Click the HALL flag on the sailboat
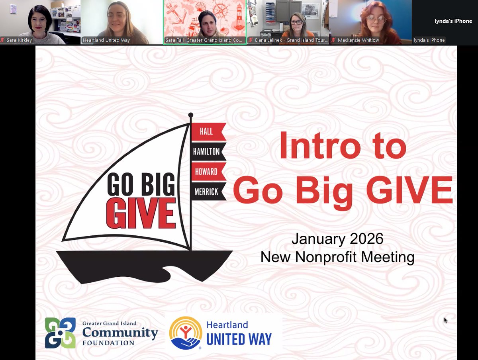pos(207,132)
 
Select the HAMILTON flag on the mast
pos(207,151)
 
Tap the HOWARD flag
pos(207,172)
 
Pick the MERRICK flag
pos(207,192)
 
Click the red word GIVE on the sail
pos(141,214)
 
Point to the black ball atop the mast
pos(190,115)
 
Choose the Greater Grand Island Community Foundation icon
pos(60,333)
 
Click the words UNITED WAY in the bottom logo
pos(239,339)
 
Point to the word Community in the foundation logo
pos(120,332)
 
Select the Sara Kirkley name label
pos(19,40)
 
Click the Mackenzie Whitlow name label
pos(358,40)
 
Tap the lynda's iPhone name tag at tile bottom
pos(429,40)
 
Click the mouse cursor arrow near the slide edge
pos(445,320)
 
